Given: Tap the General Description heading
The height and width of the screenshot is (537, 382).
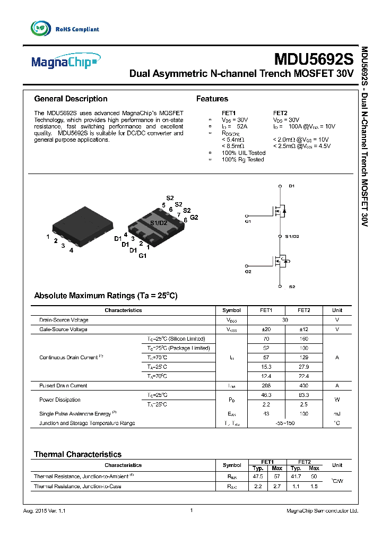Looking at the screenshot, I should [71, 99].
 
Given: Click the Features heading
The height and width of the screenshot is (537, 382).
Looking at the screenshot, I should [212, 99].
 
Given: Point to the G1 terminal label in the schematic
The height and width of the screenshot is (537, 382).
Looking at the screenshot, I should [248, 221].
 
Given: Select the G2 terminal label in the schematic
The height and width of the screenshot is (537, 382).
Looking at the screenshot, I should [248, 272].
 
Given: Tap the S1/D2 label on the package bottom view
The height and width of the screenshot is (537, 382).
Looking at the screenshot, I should [159, 223].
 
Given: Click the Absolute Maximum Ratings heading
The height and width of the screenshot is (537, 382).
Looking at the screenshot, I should [106, 296].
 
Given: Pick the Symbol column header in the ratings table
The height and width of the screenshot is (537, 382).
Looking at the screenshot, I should [231, 310].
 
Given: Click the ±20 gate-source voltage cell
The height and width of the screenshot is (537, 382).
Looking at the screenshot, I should [267, 330].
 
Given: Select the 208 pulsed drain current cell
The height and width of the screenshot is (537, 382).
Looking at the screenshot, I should [267, 386].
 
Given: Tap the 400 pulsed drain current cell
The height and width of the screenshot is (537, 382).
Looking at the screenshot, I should [304, 386].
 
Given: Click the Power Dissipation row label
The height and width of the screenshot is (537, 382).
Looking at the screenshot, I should [60, 400].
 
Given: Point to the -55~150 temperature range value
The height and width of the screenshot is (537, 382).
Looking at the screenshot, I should [285, 423].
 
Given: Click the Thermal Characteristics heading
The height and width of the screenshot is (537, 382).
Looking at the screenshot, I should [77, 454].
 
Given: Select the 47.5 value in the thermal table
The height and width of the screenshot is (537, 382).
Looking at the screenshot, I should [258, 477].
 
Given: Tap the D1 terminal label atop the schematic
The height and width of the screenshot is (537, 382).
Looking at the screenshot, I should [291, 186].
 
